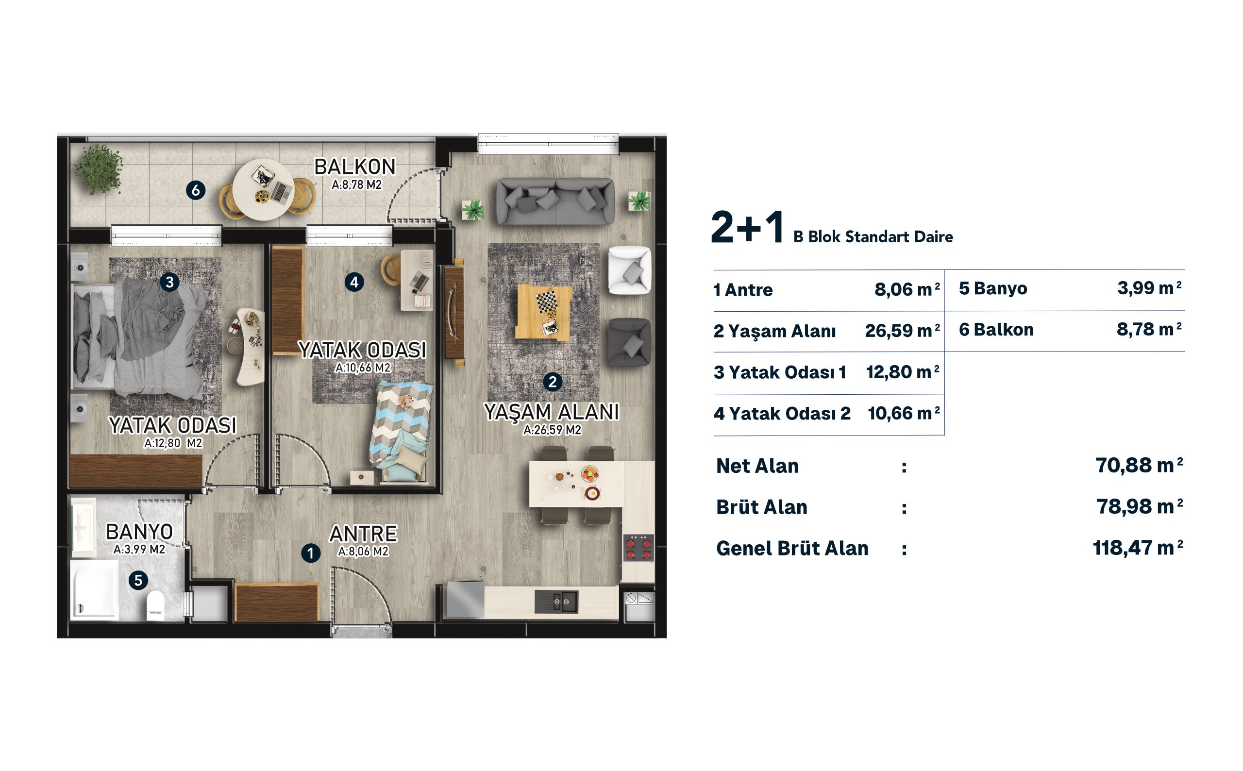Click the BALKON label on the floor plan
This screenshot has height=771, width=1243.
354,167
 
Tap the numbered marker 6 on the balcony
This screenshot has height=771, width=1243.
195,190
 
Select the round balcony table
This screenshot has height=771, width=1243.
263,190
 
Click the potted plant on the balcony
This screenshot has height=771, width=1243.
99,169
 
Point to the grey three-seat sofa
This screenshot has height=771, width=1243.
554,201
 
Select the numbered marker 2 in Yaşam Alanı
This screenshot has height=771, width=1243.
552,382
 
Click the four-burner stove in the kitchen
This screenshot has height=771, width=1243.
638,548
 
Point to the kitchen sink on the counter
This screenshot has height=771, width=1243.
556,602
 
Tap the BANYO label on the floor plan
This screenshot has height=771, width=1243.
139,532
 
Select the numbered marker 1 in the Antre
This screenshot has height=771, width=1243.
310,553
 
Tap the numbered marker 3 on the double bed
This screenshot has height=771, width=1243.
169,282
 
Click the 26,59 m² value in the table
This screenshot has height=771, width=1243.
902,331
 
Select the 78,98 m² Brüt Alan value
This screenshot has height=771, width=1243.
1139,506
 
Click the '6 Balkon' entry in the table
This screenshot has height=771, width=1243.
996,329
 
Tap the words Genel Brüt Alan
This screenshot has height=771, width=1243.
792,548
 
